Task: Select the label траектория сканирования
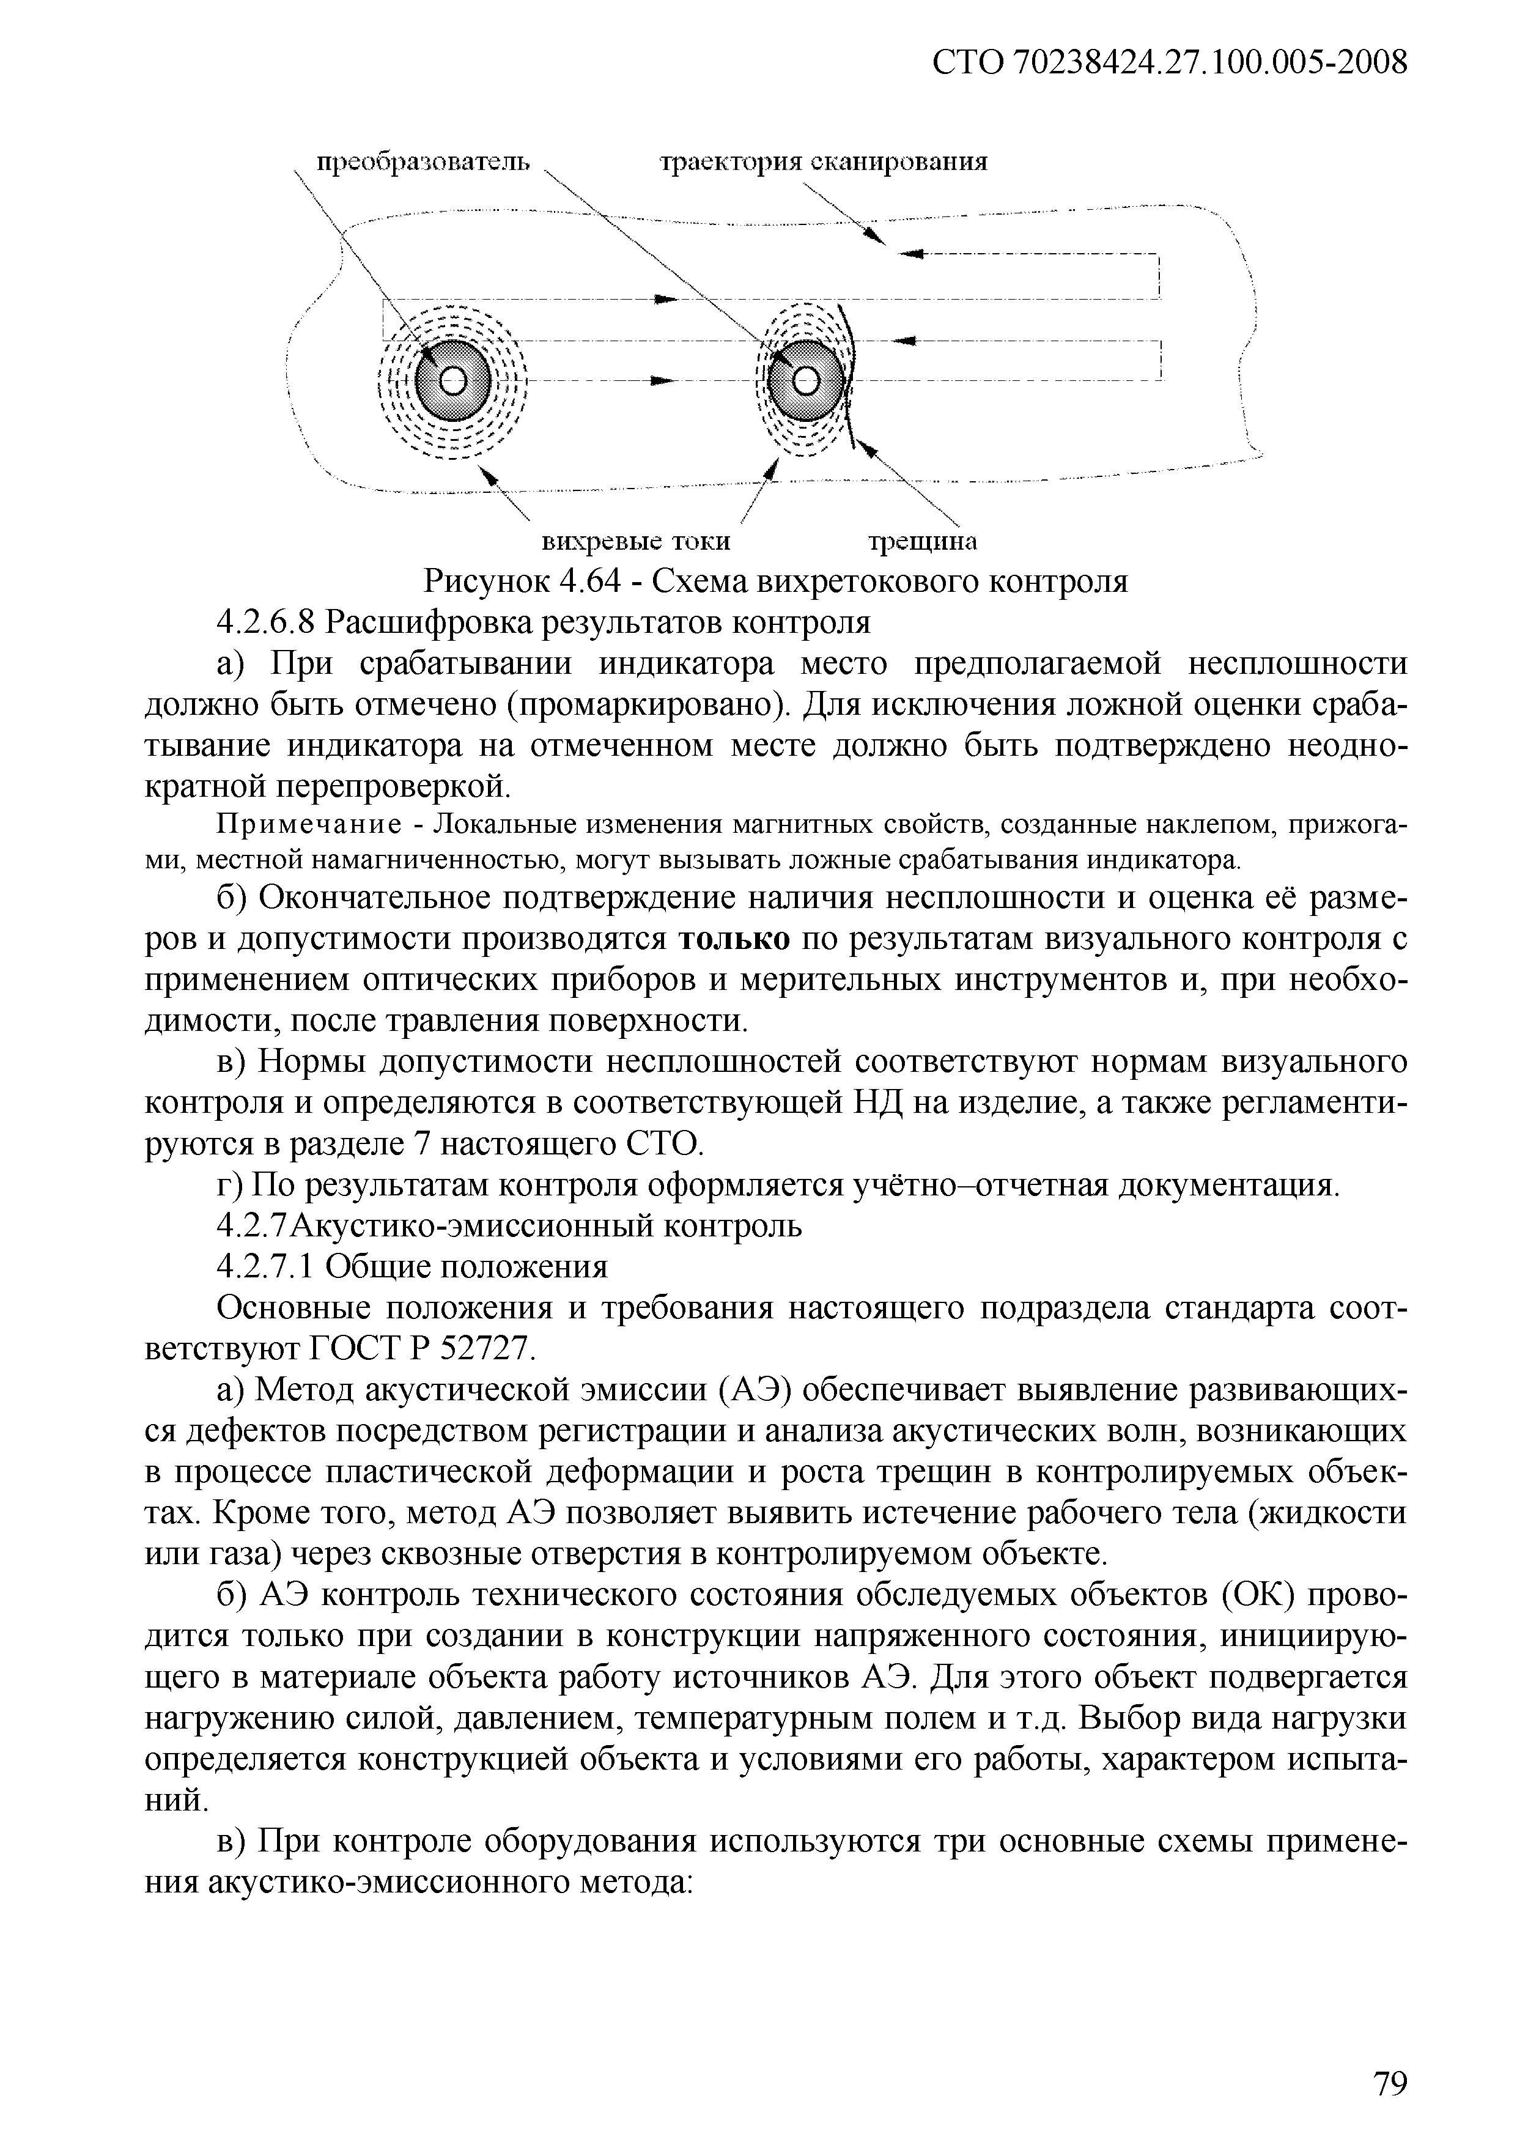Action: (824, 163)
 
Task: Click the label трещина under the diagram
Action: (923, 542)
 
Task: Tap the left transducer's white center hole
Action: (453, 380)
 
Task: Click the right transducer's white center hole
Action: (805, 380)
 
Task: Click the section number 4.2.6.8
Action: (267, 622)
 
